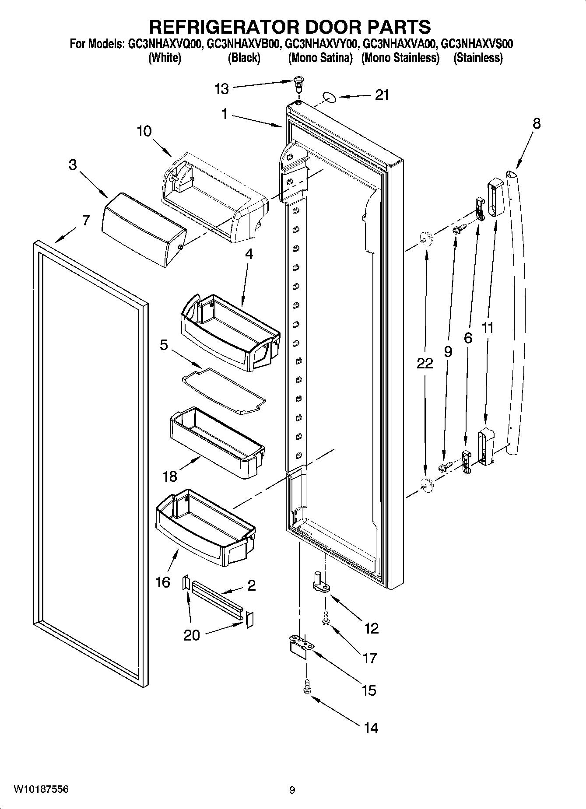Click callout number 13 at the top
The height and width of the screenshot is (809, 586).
tap(221, 89)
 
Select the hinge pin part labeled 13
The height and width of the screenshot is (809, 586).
tap(298, 82)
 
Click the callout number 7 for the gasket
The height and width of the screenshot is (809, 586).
tap(86, 220)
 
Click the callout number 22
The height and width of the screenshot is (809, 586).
tap(425, 364)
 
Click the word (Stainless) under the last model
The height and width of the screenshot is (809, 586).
tap(478, 58)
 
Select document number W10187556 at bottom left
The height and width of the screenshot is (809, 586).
tap(41, 790)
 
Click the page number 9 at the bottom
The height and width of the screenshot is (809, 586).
tap(292, 790)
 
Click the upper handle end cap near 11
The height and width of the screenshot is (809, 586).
tap(495, 197)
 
